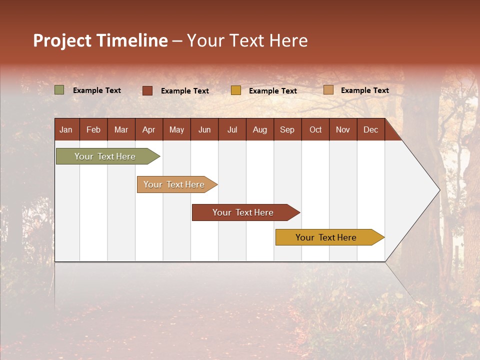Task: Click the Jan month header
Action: (66, 129)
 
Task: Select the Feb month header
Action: (93, 129)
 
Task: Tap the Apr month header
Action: (149, 129)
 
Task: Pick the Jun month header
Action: (204, 129)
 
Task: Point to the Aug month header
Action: (260, 129)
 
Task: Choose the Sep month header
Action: (287, 129)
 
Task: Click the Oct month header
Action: (315, 129)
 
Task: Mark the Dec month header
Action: (371, 129)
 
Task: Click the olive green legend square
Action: (59, 90)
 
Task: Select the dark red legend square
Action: (147, 90)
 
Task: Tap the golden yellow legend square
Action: (236, 90)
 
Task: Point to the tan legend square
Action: (328, 90)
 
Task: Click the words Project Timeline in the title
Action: (100, 40)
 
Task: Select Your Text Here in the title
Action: (247, 40)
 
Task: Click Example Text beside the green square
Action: (97, 90)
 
